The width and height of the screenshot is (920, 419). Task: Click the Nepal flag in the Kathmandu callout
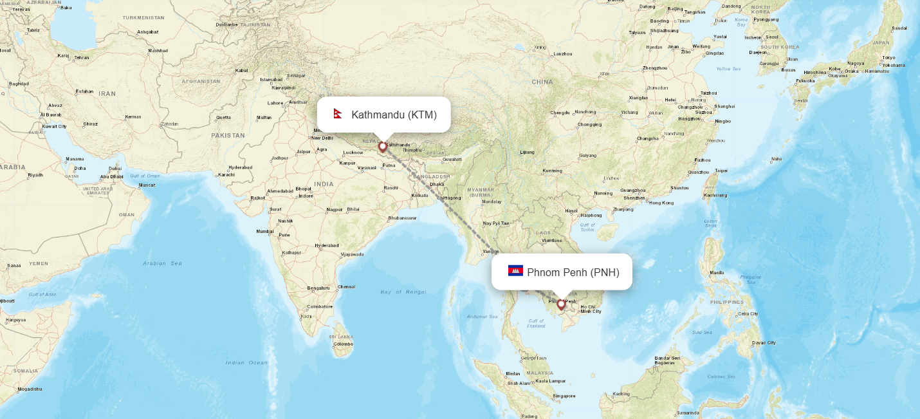(x=337, y=115)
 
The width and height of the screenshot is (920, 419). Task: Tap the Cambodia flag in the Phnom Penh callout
(x=515, y=271)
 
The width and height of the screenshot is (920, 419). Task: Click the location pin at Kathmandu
(x=383, y=146)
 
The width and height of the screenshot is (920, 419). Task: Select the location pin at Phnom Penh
(x=561, y=304)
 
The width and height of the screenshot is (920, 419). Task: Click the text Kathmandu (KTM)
(x=394, y=115)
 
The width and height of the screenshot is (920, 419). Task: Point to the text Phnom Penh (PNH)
(x=573, y=272)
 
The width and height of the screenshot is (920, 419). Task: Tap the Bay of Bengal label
(x=403, y=292)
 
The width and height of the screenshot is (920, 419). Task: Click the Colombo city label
(x=343, y=344)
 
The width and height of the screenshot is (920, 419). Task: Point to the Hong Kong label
(x=661, y=203)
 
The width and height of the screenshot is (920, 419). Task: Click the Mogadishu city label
(x=30, y=389)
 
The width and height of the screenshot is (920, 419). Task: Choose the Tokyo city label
(x=888, y=58)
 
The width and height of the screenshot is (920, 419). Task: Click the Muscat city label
(x=147, y=185)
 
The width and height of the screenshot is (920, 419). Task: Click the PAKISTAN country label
(x=228, y=135)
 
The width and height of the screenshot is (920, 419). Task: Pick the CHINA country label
(x=542, y=82)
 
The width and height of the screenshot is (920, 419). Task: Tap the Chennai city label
(x=346, y=287)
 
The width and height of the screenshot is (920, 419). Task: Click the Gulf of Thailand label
(x=536, y=323)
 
